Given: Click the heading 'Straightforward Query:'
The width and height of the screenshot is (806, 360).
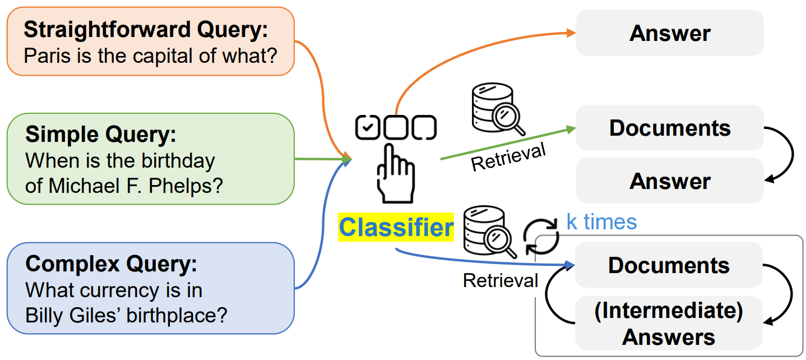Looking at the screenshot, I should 146,30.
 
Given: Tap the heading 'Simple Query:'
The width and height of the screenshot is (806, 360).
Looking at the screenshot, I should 101,135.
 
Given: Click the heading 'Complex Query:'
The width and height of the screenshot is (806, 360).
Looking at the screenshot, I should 112,263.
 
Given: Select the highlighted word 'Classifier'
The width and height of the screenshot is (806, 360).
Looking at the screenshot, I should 396,228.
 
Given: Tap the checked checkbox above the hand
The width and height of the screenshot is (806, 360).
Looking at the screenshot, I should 367,127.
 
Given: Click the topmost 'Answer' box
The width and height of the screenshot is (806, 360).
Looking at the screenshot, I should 670,33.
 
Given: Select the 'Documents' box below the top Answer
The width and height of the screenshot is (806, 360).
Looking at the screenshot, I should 670,128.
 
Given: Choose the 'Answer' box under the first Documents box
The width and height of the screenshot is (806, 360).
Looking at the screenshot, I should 670,181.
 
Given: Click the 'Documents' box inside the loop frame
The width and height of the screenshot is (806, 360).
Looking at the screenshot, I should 669,265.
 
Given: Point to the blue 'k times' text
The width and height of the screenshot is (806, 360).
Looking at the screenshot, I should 601,222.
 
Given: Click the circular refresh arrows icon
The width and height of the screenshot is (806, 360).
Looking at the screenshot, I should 541,236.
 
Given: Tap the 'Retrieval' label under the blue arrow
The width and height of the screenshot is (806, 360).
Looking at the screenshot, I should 501,280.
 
